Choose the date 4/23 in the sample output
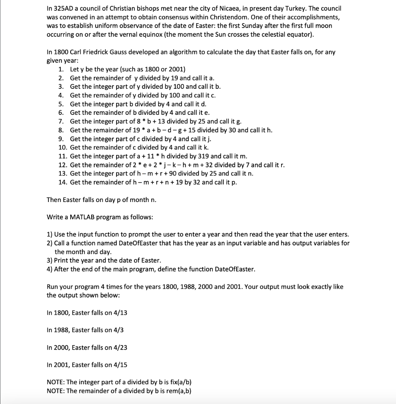[120, 348]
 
